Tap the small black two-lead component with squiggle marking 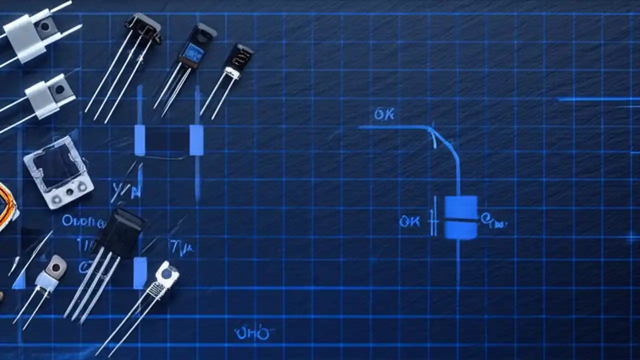(238, 59)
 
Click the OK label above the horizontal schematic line (384, 114)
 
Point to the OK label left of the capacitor (409, 221)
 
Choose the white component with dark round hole (167, 274)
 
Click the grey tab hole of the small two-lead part (55, 267)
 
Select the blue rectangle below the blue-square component (196, 140)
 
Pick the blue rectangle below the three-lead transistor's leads (139, 140)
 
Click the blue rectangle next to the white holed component (140, 273)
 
